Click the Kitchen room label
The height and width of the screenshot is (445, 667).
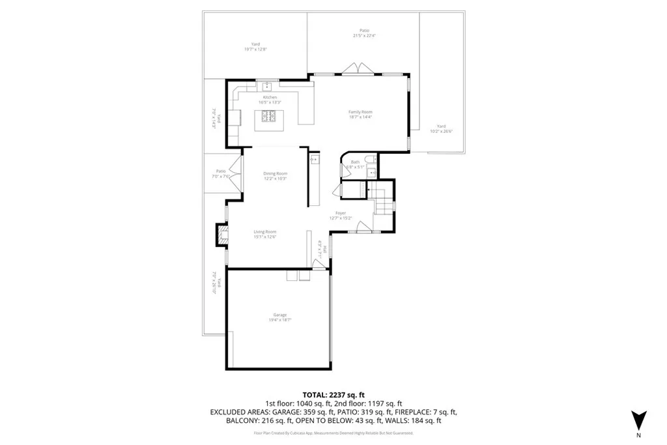pos(270,98)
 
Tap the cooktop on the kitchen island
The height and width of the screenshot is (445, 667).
pos(270,117)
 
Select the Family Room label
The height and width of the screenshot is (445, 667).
pos(360,113)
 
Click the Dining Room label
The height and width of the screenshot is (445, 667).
pos(275,174)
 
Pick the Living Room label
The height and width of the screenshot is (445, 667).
pos(265,232)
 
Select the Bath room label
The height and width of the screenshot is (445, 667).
pos(354,162)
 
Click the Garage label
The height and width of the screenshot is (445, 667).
pos(280,315)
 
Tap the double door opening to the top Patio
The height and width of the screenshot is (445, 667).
pos(359,69)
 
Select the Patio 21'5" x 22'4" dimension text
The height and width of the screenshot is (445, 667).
pos(364,36)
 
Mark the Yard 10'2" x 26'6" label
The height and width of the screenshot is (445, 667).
pos(441,128)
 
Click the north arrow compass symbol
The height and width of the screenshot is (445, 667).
pos(638,420)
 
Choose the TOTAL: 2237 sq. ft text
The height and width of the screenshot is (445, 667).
pos(333,395)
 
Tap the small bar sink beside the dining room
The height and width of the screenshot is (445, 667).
pos(313,158)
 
